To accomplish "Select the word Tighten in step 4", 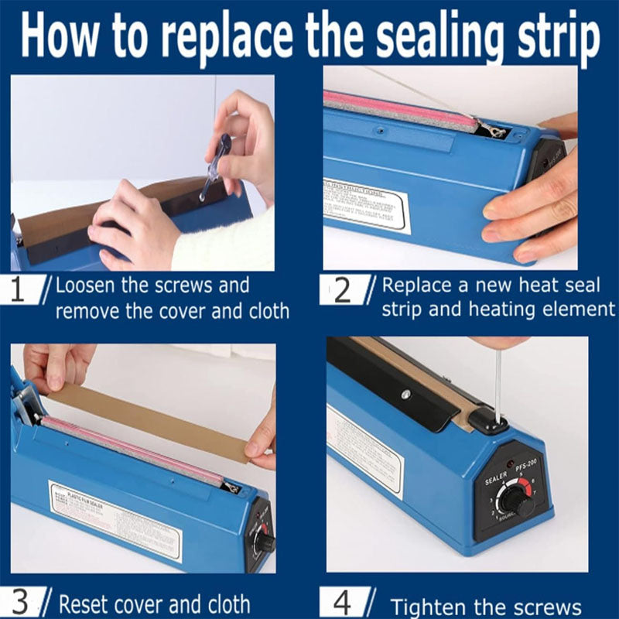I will [x=433, y=606].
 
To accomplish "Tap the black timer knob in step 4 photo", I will [x=514, y=501].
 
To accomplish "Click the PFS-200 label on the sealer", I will [x=529, y=468].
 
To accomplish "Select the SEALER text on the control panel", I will [x=495, y=480].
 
